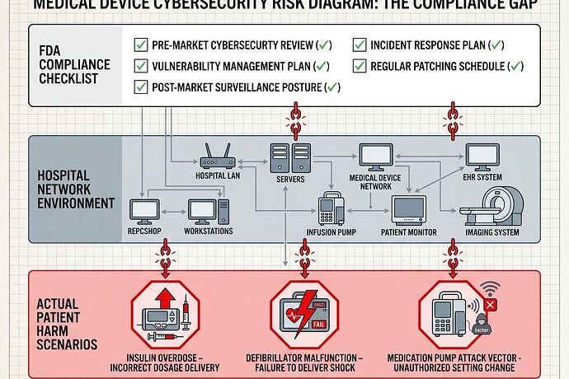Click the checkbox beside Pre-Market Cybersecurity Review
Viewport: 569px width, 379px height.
click(140, 45)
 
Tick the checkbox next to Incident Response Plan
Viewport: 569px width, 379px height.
click(360, 45)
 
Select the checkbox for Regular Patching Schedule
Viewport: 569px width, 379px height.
click(360, 66)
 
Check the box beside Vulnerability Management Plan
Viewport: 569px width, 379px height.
click(140, 66)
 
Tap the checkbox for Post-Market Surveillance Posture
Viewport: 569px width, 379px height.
click(140, 87)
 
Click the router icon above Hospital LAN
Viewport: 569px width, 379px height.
click(216, 156)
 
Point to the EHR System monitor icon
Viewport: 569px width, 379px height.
click(482, 157)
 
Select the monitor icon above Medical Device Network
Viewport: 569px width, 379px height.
click(375, 157)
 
